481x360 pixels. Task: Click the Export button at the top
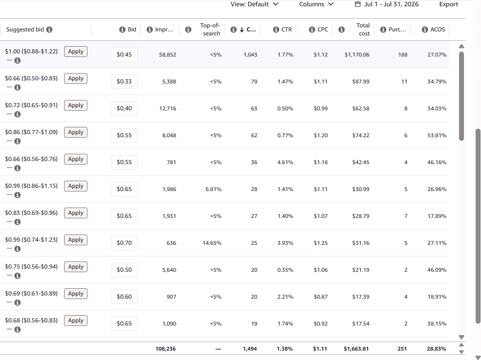(448, 4)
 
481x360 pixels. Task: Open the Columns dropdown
(316, 4)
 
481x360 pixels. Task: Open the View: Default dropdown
(255, 4)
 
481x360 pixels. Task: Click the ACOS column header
(438, 30)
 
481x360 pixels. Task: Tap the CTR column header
(286, 30)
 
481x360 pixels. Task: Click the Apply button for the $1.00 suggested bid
(76, 52)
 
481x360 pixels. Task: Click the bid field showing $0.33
(124, 82)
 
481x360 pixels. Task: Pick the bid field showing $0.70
(124, 243)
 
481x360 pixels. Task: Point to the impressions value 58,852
(168, 55)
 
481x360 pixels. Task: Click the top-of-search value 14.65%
(212, 243)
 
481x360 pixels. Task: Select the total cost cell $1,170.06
(357, 55)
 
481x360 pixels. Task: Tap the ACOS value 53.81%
(437, 135)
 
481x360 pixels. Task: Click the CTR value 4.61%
(285, 162)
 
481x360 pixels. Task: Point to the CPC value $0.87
(321, 297)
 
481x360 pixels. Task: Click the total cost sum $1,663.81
(356, 349)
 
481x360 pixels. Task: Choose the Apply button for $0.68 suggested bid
(76, 321)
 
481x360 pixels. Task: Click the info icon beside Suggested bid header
(49, 30)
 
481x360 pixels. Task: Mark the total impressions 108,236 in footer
(166, 349)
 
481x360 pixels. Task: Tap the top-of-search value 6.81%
(213, 189)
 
